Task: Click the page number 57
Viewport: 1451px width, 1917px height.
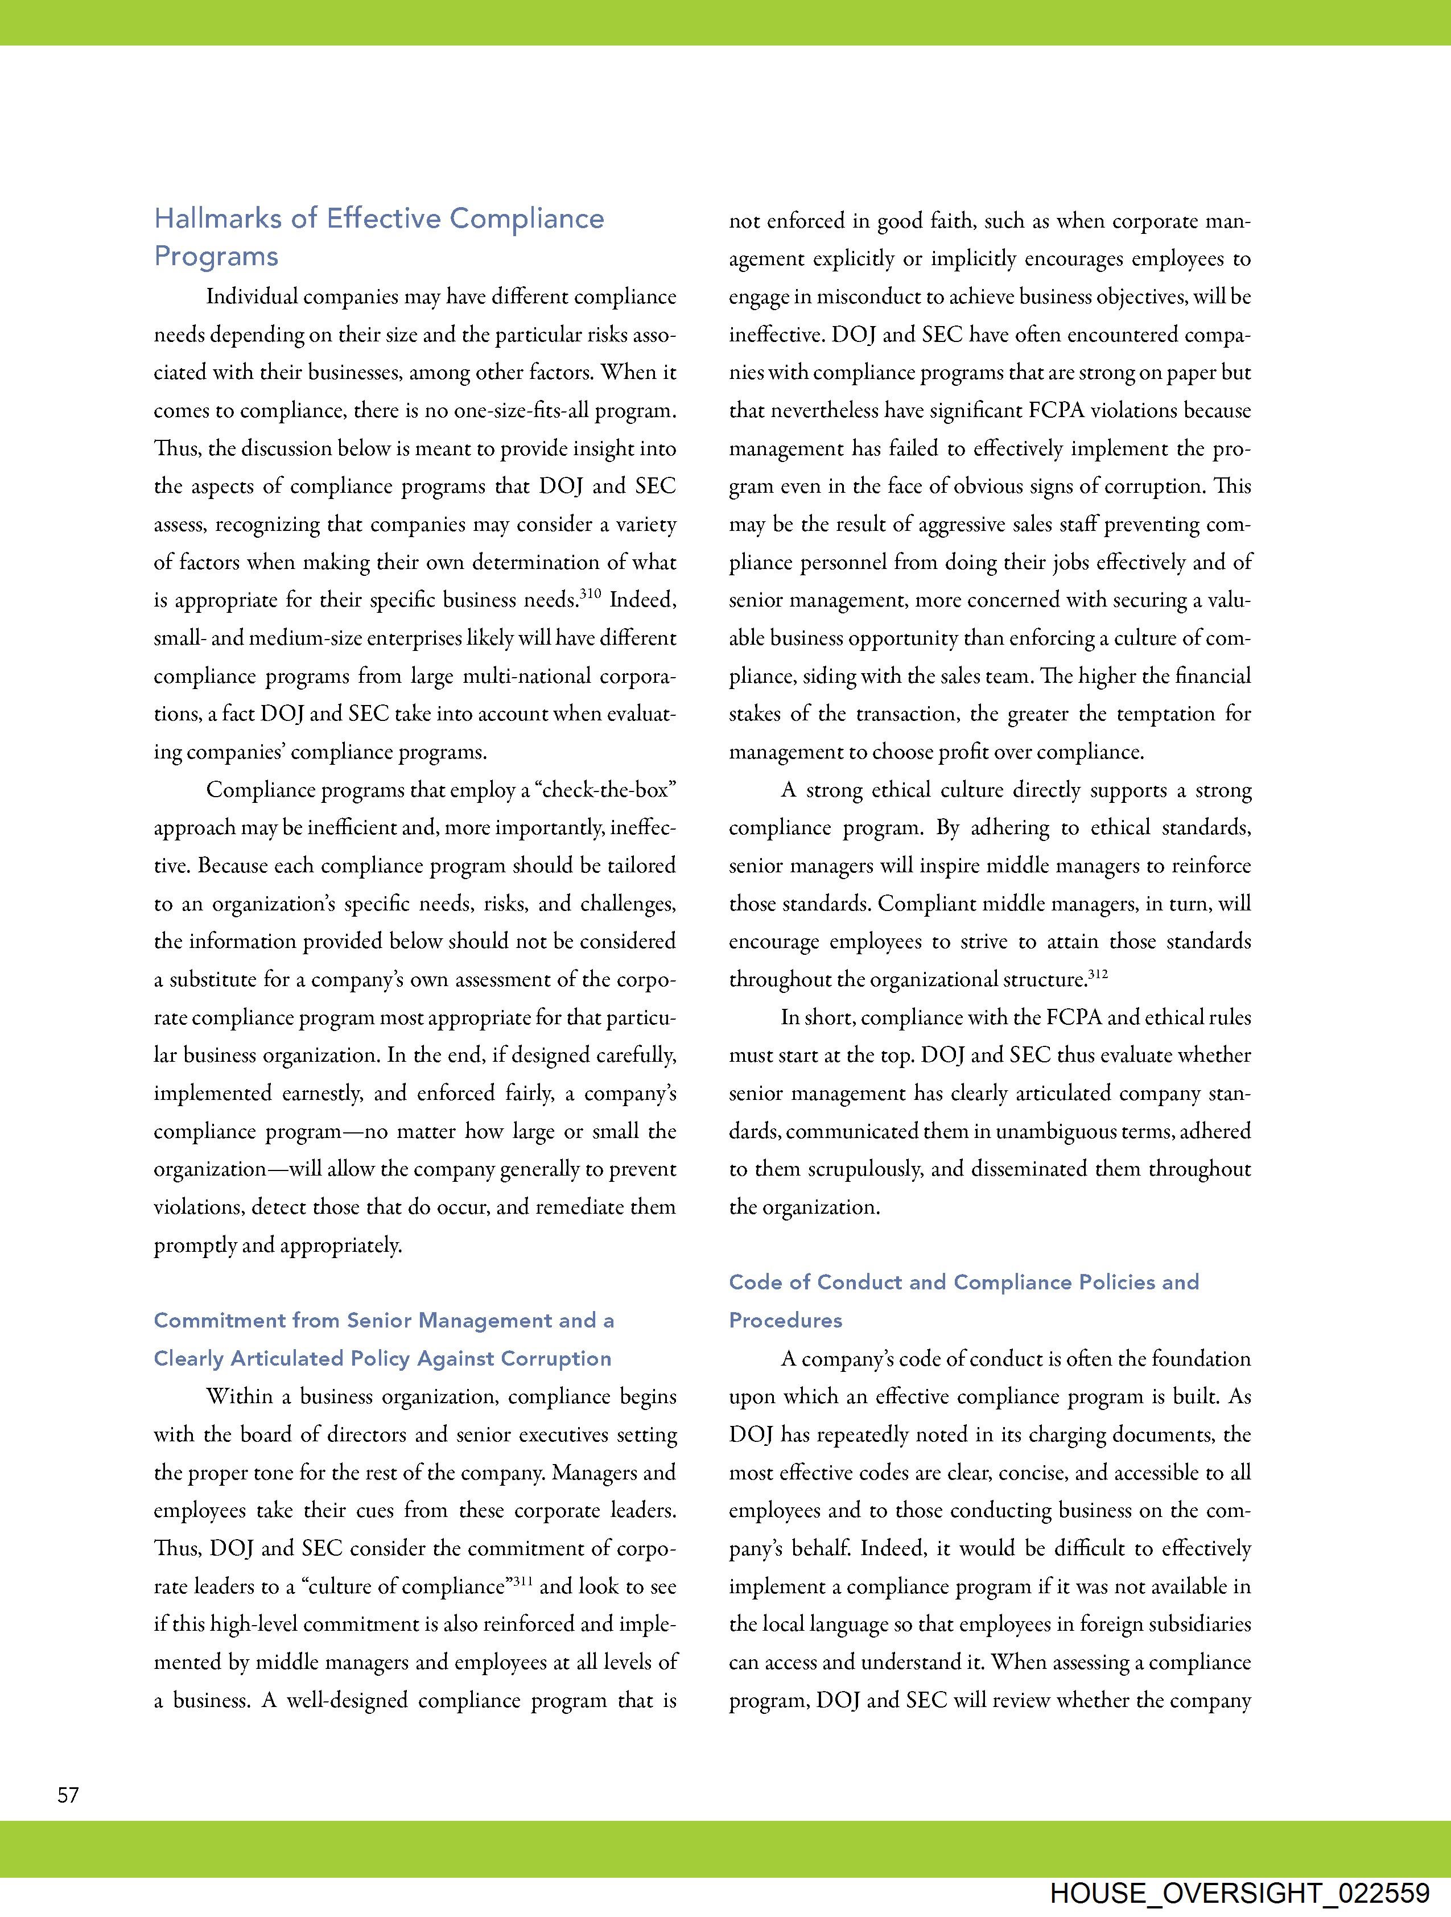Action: (68, 1795)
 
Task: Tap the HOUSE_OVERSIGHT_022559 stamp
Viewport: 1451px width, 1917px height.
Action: (1239, 1894)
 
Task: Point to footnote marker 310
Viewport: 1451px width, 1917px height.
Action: (590, 595)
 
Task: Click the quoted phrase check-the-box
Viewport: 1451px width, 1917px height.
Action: (605, 790)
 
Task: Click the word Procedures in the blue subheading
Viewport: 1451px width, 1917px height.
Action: (785, 1320)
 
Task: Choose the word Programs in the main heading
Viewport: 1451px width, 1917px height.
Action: (216, 257)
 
